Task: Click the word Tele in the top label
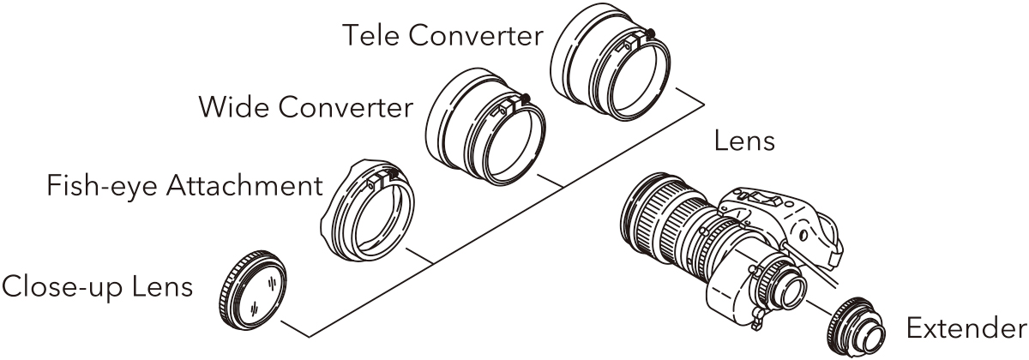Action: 372,35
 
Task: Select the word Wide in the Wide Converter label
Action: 232,107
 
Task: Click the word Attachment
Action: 244,186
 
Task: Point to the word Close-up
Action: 62,287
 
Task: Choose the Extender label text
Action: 966,328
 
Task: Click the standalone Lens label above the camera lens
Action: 744,141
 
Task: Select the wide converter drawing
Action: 486,127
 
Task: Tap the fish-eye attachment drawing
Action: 368,210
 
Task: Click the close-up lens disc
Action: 253,291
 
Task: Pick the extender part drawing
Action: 856,326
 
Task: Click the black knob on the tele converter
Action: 650,33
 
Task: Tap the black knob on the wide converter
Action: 525,98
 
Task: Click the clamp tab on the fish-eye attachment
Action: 382,181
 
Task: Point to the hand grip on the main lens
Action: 781,220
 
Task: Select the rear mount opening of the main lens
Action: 791,292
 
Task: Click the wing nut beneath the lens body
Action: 757,318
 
